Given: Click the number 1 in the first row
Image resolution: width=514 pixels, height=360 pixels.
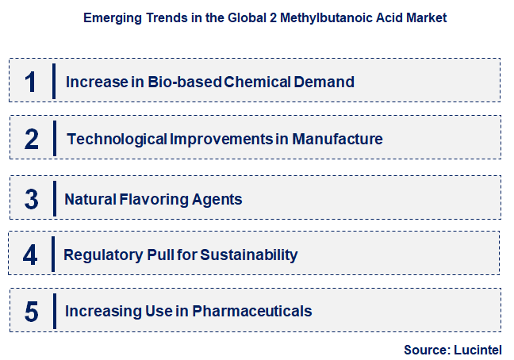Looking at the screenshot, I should pyautogui.click(x=31, y=81).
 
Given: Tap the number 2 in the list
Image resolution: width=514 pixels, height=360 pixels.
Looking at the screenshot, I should pyautogui.click(x=32, y=139).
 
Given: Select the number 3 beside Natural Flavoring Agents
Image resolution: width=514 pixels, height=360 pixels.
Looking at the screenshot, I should pyautogui.click(x=32, y=198).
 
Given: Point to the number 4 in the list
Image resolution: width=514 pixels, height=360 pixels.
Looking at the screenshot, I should pyautogui.click(x=31, y=255).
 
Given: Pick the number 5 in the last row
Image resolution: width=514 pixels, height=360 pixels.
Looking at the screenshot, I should pyautogui.click(x=32, y=311).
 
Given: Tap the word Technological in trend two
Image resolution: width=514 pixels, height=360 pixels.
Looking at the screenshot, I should pyautogui.click(x=117, y=139).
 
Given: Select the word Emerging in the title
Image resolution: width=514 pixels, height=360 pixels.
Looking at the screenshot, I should pyautogui.click(x=110, y=17).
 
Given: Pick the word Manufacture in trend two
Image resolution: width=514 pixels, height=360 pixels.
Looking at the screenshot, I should pyautogui.click(x=337, y=139).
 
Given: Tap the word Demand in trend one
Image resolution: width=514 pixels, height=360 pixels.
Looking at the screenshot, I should pyautogui.click(x=324, y=82).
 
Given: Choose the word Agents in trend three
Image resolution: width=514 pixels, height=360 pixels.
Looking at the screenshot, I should pyautogui.click(x=216, y=198).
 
